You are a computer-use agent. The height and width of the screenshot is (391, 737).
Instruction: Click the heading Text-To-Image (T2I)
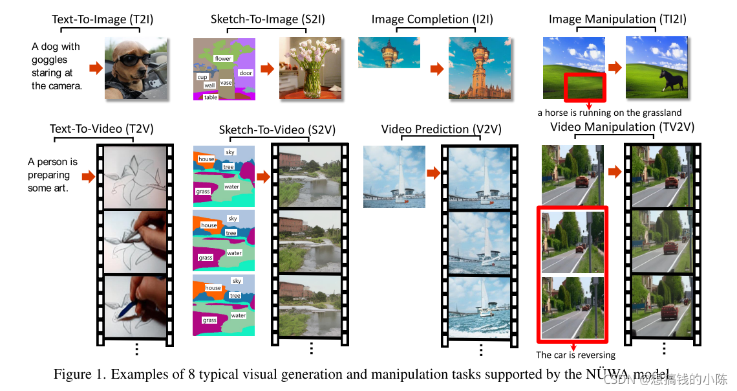(97, 19)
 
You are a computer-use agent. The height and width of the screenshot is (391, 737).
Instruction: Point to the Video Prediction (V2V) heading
(433, 129)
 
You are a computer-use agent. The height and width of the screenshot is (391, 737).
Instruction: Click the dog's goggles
(133, 60)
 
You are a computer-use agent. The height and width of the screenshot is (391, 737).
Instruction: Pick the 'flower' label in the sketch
(223, 58)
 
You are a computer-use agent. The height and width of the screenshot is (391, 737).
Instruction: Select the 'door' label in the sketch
(246, 73)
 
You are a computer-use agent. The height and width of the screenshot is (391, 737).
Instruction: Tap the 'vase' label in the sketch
(226, 83)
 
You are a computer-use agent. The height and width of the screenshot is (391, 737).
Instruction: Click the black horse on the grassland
(667, 81)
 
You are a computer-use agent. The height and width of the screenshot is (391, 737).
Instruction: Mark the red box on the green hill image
(584, 87)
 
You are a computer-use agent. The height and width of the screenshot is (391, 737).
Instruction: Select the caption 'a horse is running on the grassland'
(610, 113)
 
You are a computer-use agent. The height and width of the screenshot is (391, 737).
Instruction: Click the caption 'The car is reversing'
(575, 355)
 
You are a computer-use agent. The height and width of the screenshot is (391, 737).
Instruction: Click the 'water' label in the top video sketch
(231, 187)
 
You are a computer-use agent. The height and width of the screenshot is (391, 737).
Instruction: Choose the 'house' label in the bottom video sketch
(213, 288)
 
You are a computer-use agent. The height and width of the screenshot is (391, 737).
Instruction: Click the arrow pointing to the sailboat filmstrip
(433, 173)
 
